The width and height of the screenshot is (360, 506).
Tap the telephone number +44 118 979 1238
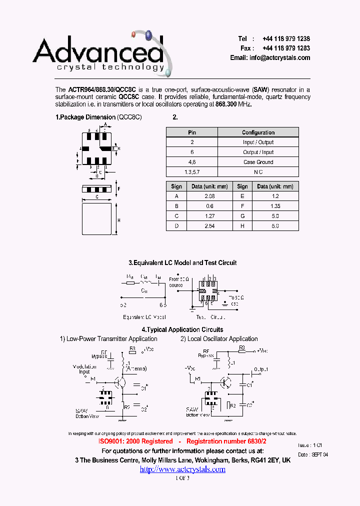coord(286,39)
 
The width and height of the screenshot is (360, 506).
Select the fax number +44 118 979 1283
coord(286,48)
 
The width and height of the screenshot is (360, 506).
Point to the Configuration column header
coord(258,132)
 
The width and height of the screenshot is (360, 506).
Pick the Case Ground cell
coord(258,162)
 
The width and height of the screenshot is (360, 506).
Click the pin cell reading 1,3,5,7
coord(192,171)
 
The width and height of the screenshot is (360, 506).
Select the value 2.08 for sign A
coord(209,196)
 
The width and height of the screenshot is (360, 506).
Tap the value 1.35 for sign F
coord(275,206)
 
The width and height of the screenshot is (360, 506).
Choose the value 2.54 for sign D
coord(209,225)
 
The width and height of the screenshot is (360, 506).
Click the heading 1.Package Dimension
coord(85,117)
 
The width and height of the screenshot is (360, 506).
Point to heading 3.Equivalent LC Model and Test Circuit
coord(182,262)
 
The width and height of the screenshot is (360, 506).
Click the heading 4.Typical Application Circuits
coord(182,329)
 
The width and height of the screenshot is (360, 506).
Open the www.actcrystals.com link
coord(182,469)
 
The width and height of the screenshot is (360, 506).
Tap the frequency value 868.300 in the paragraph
coord(226,104)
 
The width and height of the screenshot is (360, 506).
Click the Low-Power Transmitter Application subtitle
coord(108,339)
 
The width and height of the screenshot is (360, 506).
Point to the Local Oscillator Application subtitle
coord(219,339)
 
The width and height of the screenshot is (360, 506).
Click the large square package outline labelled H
coord(96,218)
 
